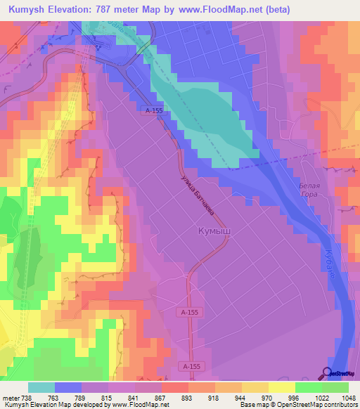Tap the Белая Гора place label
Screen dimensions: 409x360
(x=309, y=190)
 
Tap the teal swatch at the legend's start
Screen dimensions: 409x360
(x=41, y=387)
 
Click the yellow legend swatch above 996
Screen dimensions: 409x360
(x=281, y=387)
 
